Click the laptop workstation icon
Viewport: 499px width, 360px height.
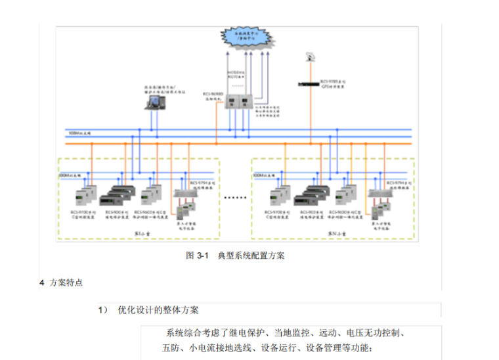click(154, 102)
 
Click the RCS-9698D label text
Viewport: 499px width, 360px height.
click(215, 96)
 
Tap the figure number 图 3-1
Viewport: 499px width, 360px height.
click(197, 256)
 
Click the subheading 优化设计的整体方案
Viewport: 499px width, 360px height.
click(162, 309)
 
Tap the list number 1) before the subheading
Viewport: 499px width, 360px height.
click(102, 309)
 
